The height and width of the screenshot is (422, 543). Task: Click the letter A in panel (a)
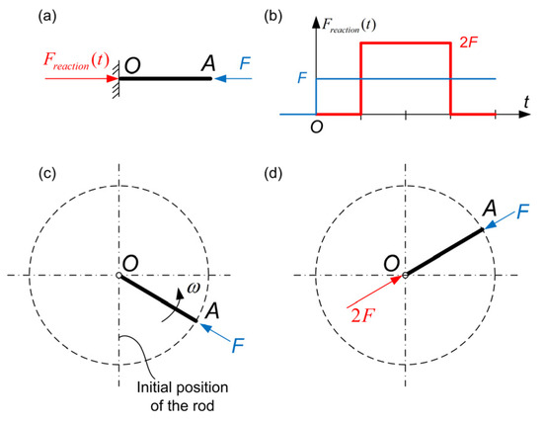tap(207, 63)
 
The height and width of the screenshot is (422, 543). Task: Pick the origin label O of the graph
tap(318, 127)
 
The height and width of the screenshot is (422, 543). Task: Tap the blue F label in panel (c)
tap(237, 348)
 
